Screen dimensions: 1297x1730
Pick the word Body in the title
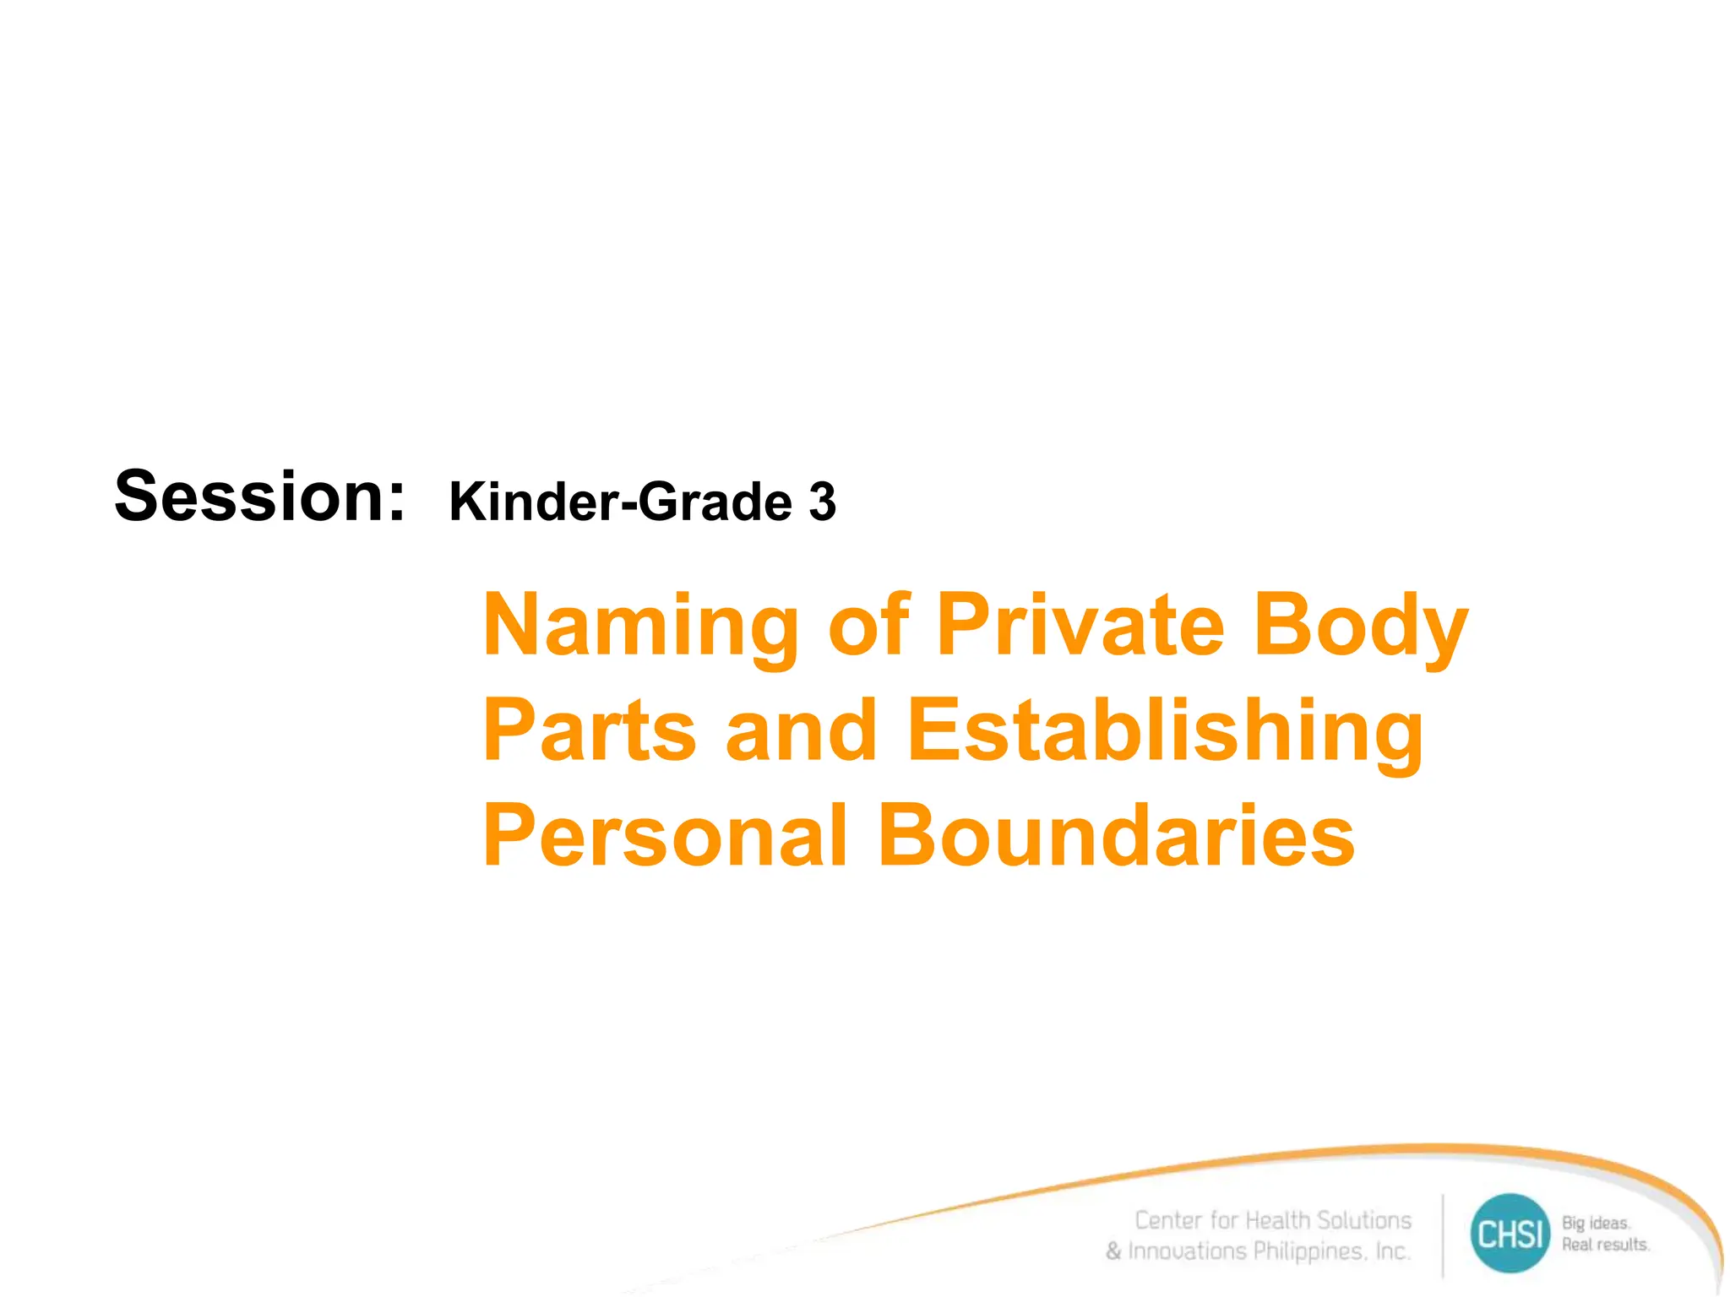tap(1361, 627)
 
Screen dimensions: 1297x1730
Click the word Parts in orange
tap(590, 730)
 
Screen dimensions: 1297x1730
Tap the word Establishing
tap(1165, 732)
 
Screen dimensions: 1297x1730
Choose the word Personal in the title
tap(666, 835)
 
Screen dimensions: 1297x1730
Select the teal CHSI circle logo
tap(1510, 1234)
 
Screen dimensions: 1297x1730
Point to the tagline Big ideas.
tap(1596, 1223)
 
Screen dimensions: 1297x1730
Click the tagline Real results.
tap(1605, 1245)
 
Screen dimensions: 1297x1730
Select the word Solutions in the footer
tap(1363, 1220)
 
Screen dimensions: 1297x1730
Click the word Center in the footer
tap(1168, 1220)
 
